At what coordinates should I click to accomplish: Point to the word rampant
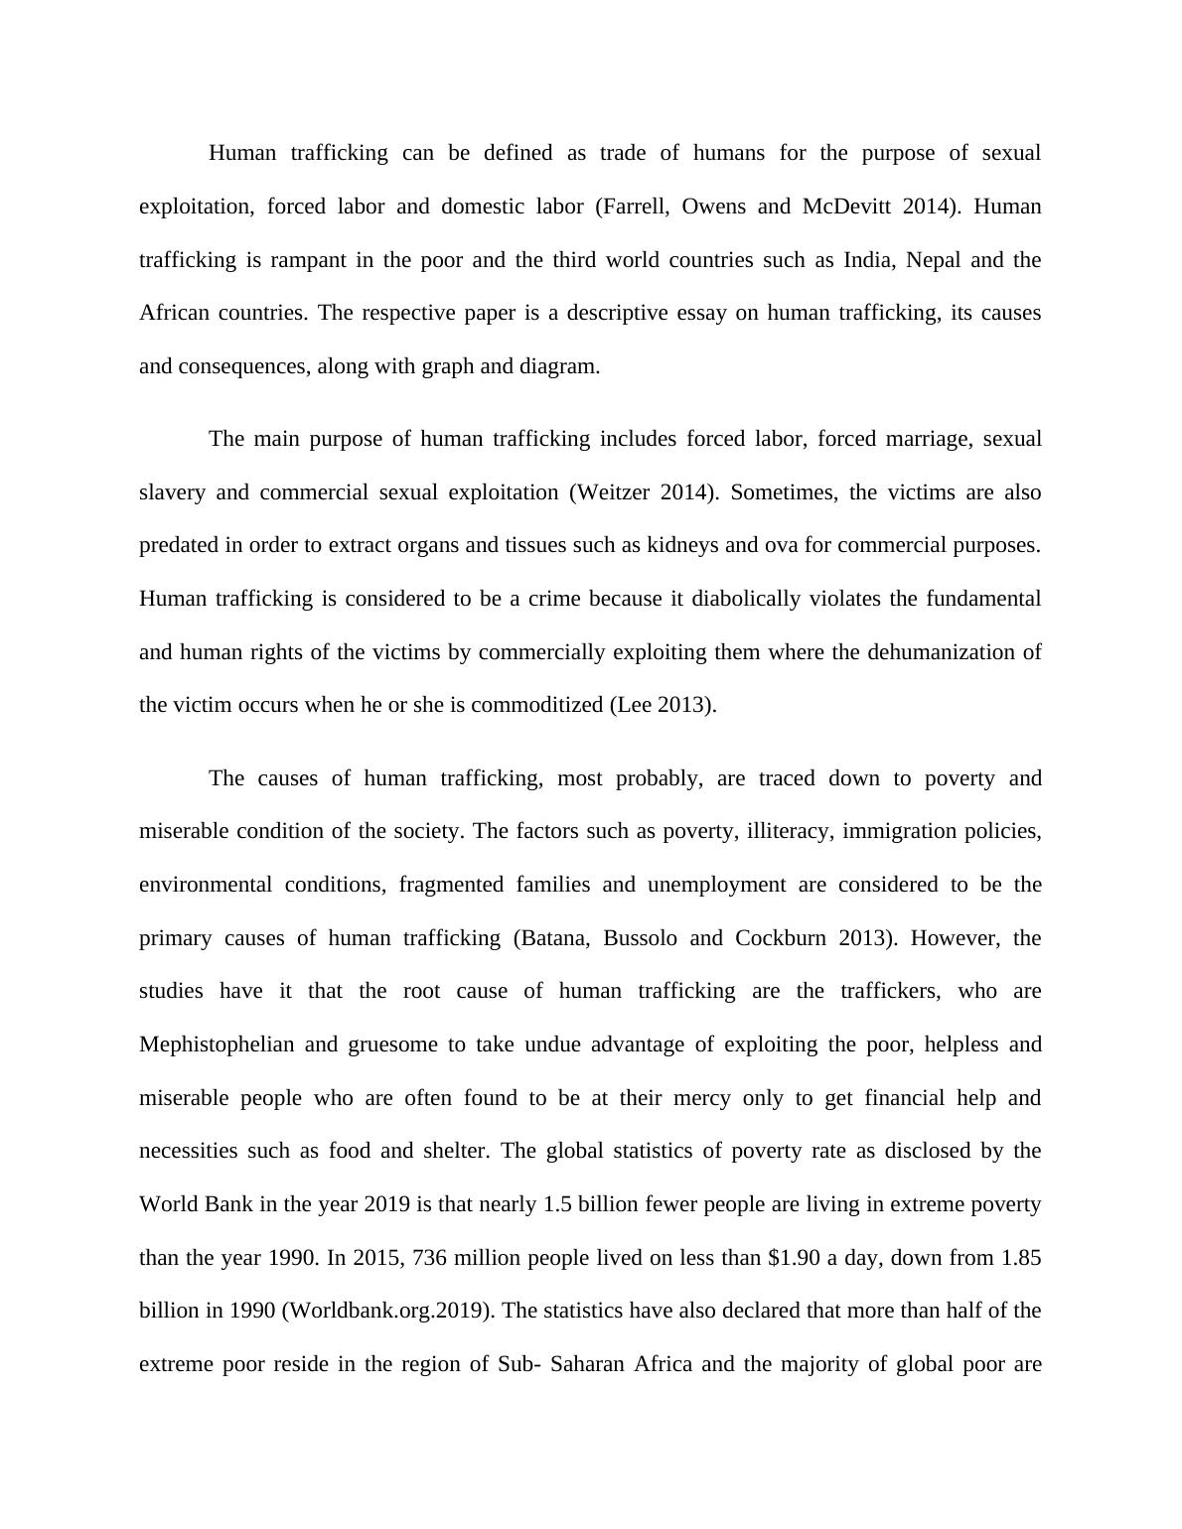pyautogui.click(x=307, y=260)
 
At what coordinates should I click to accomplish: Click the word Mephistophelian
pyautogui.click(x=217, y=1044)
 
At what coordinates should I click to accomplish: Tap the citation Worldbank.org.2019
pyautogui.click(x=387, y=1311)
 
